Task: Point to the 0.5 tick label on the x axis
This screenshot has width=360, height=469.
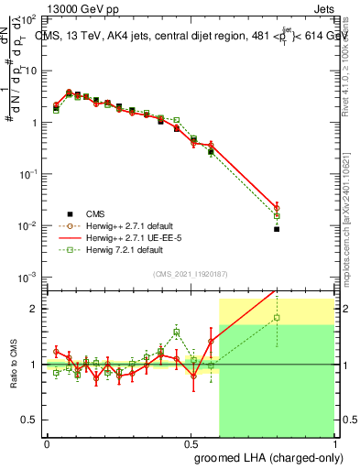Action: (191, 442)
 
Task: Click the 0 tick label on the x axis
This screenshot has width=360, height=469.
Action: (47, 442)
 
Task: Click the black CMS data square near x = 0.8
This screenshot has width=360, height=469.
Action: (277, 229)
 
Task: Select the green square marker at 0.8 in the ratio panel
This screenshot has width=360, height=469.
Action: (277, 318)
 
